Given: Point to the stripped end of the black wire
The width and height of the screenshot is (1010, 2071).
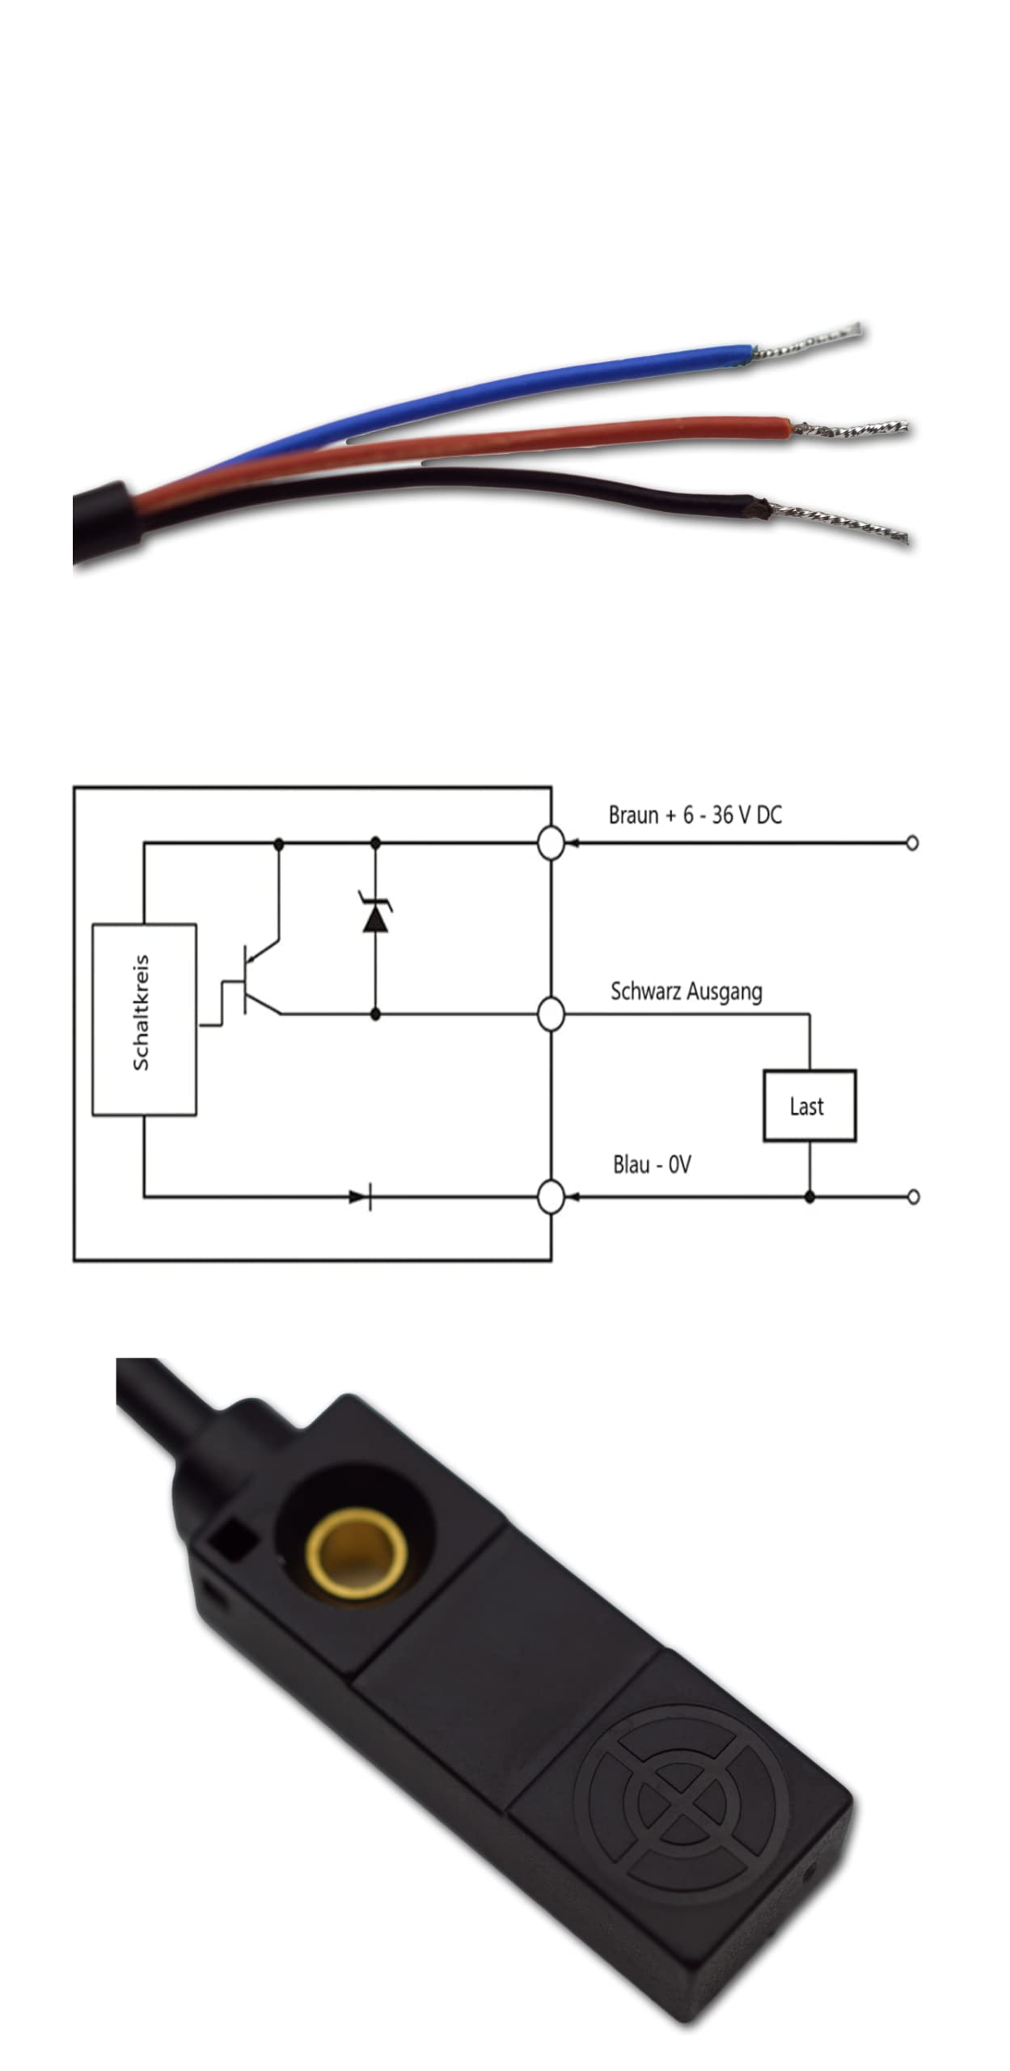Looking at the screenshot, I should coord(837,523).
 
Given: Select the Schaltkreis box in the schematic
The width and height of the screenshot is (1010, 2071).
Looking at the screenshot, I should coord(144,1019).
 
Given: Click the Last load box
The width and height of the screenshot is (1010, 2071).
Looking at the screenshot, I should coord(809,1106).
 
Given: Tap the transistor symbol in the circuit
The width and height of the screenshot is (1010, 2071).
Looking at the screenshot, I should coord(255,980).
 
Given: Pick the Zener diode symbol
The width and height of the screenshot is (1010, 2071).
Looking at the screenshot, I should coord(374,914).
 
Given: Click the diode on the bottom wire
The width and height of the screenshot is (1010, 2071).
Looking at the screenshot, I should coord(361,1196).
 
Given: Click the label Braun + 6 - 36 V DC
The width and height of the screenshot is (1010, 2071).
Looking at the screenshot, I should coord(695,815).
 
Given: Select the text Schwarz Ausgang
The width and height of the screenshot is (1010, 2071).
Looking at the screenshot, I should coord(686,991).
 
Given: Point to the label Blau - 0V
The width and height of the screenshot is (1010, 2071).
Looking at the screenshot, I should coord(652,1165).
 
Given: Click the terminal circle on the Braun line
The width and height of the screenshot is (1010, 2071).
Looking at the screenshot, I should coord(551,843).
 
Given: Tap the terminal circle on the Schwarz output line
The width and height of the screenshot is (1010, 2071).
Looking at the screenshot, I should coord(551,1014).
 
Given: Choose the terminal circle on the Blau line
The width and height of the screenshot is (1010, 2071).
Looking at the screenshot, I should coord(551,1196).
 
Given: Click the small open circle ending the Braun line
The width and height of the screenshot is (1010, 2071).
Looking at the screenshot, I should coord(913,843).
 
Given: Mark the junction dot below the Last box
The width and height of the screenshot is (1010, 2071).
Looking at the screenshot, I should coord(809,1196).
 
